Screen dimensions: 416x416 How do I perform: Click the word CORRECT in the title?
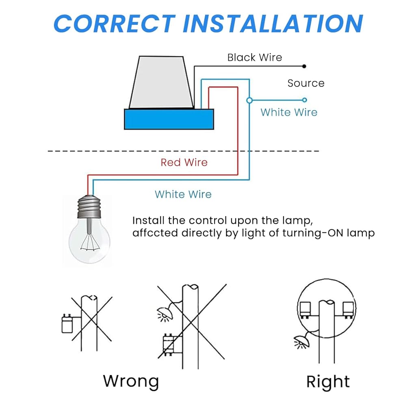click(x=115, y=24)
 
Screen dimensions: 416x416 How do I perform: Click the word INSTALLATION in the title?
click(x=273, y=24)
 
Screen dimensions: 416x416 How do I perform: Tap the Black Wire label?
click(x=255, y=57)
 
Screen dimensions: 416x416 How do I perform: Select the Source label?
click(x=306, y=83)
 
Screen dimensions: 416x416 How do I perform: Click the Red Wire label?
click(x=184, y=162)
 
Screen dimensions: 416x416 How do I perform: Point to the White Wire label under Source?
click(x=289, y=112)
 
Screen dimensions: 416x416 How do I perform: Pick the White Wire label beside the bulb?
click(x=183, y=194)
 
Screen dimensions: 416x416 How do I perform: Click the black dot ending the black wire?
click(x=304, y=66)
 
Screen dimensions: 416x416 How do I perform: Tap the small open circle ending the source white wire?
click(x=305, y=100)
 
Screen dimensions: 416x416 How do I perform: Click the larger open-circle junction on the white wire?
click(x=249, y=100)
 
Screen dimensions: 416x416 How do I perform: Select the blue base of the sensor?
click(x=169, y=119)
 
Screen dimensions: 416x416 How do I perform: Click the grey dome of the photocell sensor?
click(x=161, y=82)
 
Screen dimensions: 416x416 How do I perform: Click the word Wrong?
click(x=131, y=381)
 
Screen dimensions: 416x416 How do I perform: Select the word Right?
click(x=328, y=382)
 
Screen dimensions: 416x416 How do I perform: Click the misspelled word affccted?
click(x=155, y=233)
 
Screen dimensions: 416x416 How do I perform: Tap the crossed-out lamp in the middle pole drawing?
click(x=166, y=313)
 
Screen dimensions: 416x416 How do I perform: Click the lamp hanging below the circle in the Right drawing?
click(x=302, y=342)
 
